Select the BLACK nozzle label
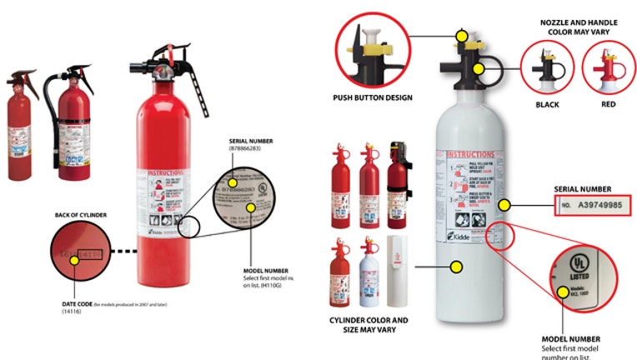(547, 105)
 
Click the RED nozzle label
(609, 105)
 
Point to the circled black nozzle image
(547, 66)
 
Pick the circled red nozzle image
(609, 66)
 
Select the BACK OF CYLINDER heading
(82, 214)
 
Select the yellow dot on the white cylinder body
(457, 267)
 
